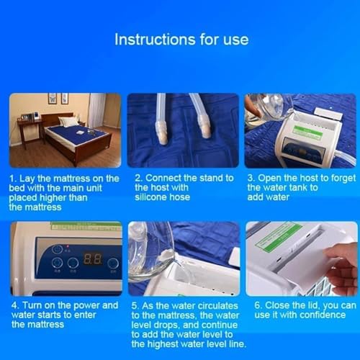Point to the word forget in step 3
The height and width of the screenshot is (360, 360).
pos(343,179)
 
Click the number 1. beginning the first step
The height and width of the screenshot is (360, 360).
pos(13,179)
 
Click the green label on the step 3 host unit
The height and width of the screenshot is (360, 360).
pos(307,132)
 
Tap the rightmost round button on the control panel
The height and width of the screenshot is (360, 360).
pos(113,264)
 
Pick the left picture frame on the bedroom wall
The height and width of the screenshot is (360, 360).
pos(53,98)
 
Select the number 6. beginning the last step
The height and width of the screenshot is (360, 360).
pos(258,305)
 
